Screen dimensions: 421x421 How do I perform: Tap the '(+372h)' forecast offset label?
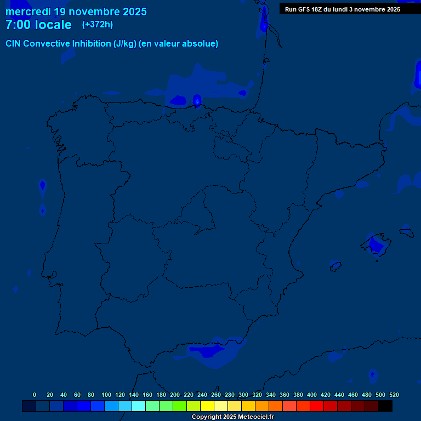point(98,25)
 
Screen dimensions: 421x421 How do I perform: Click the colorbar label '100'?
point(106,395)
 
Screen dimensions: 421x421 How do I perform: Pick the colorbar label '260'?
point(216,395)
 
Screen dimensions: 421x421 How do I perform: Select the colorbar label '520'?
point(394,395)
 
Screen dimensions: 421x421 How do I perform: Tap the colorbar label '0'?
point(35,395)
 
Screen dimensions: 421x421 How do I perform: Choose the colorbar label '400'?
point(312,395)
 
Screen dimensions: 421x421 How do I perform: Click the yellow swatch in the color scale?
point(207,406)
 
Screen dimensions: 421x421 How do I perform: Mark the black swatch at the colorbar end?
point(385,406)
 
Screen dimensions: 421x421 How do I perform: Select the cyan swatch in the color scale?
point(139,406)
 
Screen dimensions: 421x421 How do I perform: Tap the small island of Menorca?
point(407,233)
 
